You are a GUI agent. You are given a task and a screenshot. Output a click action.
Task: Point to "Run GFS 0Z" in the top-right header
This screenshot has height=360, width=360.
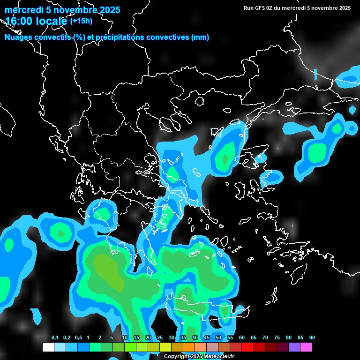260,8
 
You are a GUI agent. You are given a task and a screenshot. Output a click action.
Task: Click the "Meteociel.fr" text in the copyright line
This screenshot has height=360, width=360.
218,357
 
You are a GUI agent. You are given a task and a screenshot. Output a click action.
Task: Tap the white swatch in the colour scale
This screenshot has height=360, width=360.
48,347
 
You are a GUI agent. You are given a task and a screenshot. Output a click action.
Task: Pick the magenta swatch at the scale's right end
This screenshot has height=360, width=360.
306,347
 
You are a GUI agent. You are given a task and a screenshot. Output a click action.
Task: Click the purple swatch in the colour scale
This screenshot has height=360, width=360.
294,347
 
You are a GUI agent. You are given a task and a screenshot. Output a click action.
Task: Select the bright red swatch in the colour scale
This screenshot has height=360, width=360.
247,347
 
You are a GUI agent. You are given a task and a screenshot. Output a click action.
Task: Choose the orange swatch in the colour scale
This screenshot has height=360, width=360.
188,347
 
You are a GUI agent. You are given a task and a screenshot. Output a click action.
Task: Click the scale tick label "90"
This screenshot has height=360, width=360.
312,337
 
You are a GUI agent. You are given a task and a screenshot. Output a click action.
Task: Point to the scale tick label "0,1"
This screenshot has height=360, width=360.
55,337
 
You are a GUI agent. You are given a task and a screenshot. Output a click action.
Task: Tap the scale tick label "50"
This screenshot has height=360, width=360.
218,337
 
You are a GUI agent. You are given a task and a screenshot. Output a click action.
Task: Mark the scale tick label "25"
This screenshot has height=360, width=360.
160,337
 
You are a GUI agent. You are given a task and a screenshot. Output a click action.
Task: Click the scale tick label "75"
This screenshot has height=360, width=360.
277,337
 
